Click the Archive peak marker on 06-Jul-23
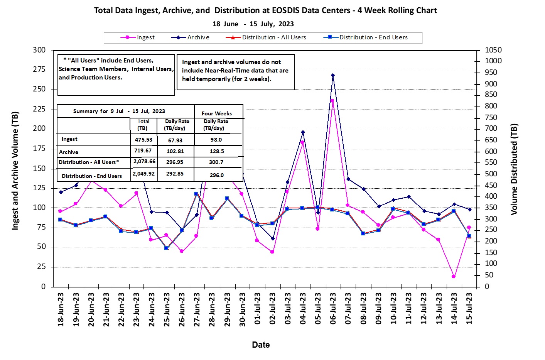click(333, 75)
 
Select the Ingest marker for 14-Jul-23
click(454, 277)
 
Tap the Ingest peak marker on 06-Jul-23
click(332, 101)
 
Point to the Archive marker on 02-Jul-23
click(273, 239)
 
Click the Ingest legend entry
click(137, 37)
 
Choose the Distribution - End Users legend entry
click(366, 37)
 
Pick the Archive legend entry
click(190, 37)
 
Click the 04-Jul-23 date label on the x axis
click(303, 308)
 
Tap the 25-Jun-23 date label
click(166, 309)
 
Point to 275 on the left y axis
click(39, 69)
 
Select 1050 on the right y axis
click(493, 50)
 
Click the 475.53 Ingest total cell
click(143, 140)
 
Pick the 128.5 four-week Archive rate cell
click(217, 151)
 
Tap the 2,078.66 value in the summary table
click(144, 161)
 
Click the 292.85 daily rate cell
click(175, 174)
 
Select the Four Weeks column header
click(216, 113)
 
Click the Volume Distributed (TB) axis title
click(514, 169)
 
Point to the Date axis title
click(261, 345)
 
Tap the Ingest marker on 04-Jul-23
click(302, 142)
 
